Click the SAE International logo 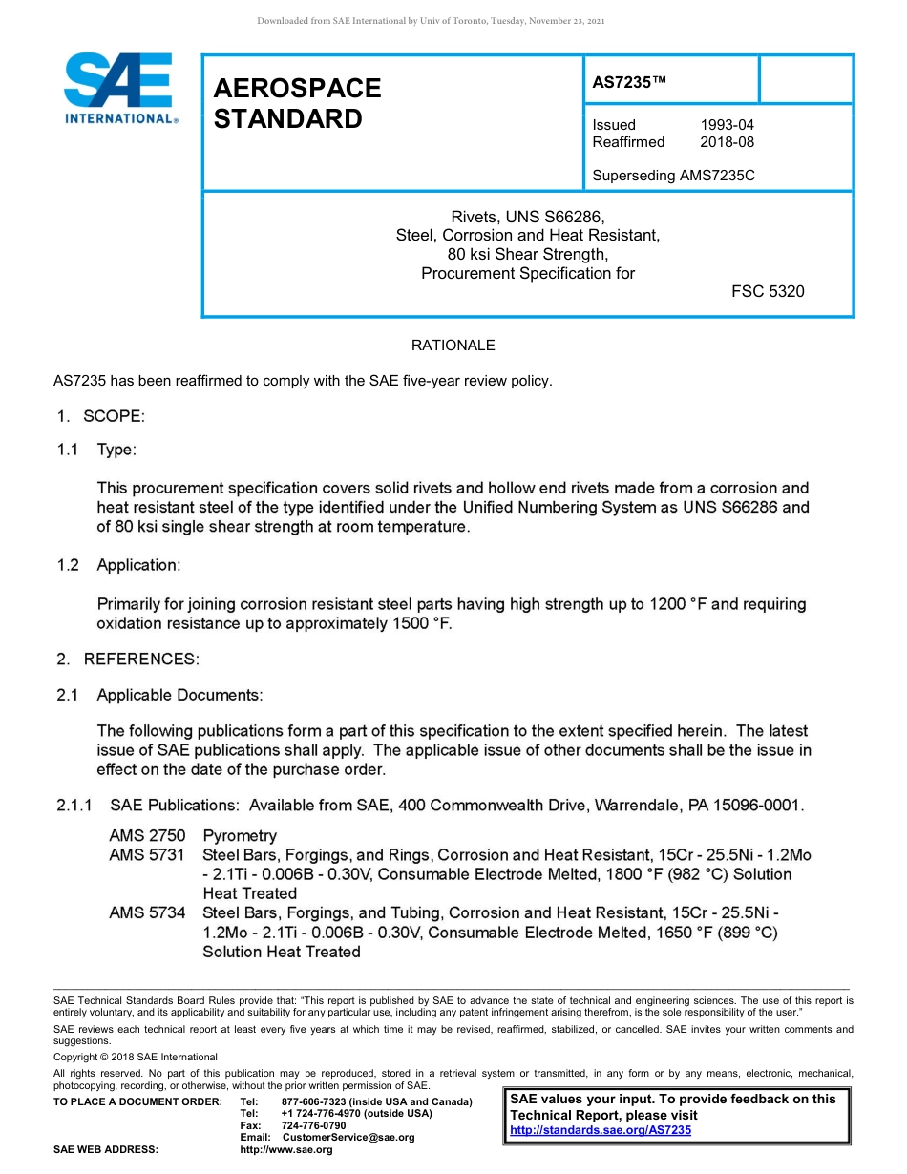[x=119, y=89]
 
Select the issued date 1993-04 [x=727, y=125]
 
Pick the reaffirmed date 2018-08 [x=727, y=142]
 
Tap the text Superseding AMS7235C [x=673, y=176]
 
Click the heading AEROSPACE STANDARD [x=297, y=103]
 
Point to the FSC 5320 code [x=768, y=292]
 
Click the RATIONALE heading [x=453, y=346]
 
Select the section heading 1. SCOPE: [x=99, y=416]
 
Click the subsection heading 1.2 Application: [x=118, y=565]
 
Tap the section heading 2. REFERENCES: [x=127, y=659]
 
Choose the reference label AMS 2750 [x=147, y=836]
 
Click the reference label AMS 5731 [x=147, y=855]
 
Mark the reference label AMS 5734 [x=147, y=913]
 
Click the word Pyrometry [x=240, y=836]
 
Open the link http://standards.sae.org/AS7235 [x=601, y=1130]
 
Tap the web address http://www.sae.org [x=286, y=1150]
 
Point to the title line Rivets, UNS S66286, [x=527, y=217]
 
